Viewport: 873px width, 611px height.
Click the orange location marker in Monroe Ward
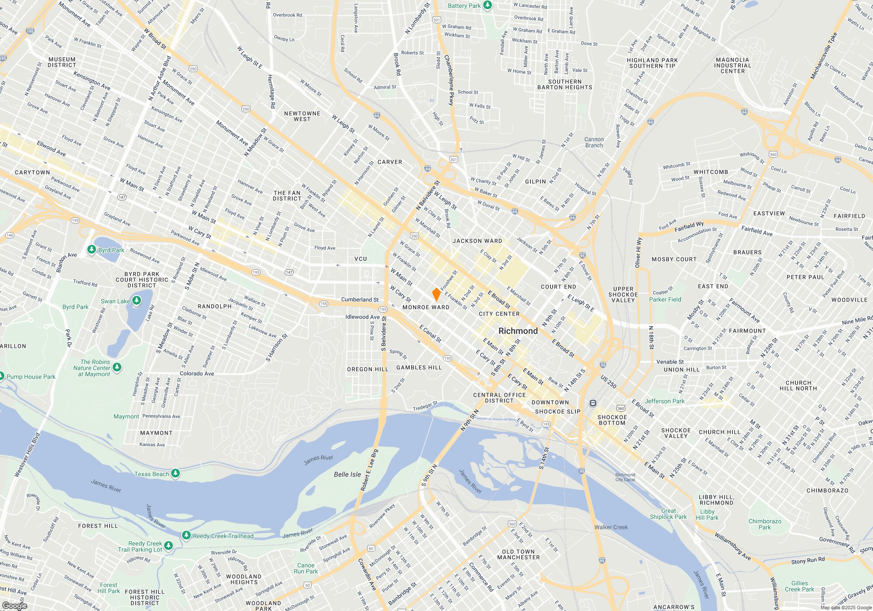click(x=436, y=295)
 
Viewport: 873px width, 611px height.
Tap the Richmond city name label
click(x=518, y=331)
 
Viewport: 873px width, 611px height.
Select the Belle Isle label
click(x=347, y=474)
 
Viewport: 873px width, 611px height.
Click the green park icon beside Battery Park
click(x=488, y=5)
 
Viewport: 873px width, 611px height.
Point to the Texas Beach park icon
click(x=175, y=474)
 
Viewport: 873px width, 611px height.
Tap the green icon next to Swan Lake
click(x=137, y=301)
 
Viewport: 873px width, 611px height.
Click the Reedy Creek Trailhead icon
click(x=186, y=535)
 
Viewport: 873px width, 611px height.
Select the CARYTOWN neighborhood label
click(x=32, y=172)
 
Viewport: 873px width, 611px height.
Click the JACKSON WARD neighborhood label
click(x=477, y=241)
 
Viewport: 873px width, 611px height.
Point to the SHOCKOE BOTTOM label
click(x=612, y=420)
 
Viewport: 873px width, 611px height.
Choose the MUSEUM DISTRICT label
click(x=62, y=62)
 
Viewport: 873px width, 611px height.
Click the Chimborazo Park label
click(x=765, y=524)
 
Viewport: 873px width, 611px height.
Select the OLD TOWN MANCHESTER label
click(x=518, y=554)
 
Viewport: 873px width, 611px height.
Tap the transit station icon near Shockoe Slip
click(x=593, y=403)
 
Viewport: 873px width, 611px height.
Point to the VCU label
click(x=361, y=259)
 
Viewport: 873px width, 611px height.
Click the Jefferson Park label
click(x=665, y=401)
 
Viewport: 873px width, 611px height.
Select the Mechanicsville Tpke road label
click(x=824, y=56)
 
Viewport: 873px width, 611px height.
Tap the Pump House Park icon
click(x=2, y=376)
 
